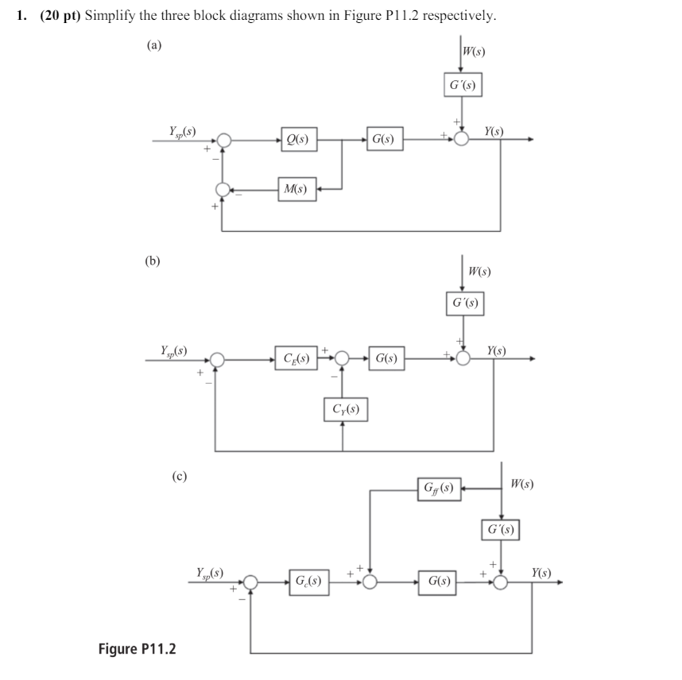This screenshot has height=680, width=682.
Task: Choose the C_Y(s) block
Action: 344,411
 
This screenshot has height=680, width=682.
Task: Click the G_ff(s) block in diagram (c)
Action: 440,485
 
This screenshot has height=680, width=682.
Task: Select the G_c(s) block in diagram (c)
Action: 308,582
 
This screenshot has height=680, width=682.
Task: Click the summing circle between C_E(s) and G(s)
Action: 343,358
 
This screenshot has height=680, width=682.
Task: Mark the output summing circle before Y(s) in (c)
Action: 502,582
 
